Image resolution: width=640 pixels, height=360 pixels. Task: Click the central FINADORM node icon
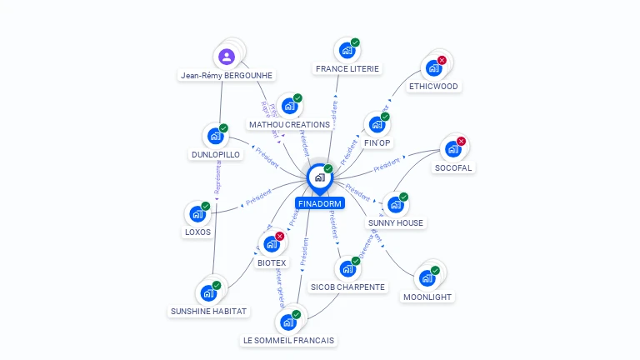coord(319,177)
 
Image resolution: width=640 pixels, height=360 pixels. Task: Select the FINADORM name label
coord(319,202)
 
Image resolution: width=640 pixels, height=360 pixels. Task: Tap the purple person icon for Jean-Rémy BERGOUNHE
coord(227,57)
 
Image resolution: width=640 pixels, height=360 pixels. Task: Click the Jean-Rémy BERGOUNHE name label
coord(227,75)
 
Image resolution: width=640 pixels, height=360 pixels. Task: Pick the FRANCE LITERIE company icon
coord(347,50)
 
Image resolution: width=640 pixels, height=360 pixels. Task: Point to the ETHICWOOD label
coord(433,86)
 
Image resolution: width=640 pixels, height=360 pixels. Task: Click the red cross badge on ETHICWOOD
coord(442,60)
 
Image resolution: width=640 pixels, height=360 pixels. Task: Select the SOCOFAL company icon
coord(452,149)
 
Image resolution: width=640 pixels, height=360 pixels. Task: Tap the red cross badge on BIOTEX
coord(279,236)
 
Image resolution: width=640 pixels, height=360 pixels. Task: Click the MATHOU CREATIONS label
coord(289,124)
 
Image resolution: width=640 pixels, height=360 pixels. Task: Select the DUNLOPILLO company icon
coord(215,136)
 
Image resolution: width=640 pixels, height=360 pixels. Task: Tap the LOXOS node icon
coord(197,213)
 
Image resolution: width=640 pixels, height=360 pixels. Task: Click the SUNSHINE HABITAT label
coord(208,311)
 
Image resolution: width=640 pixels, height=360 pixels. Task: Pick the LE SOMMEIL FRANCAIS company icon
coord(288,322)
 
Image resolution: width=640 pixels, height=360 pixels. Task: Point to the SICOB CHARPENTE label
coord(347,287)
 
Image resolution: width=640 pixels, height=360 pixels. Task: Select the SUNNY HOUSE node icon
coord(395,205)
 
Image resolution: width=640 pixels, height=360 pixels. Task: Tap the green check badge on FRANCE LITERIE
coord(355,42)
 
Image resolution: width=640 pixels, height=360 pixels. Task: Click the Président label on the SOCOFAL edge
coord(387,167)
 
